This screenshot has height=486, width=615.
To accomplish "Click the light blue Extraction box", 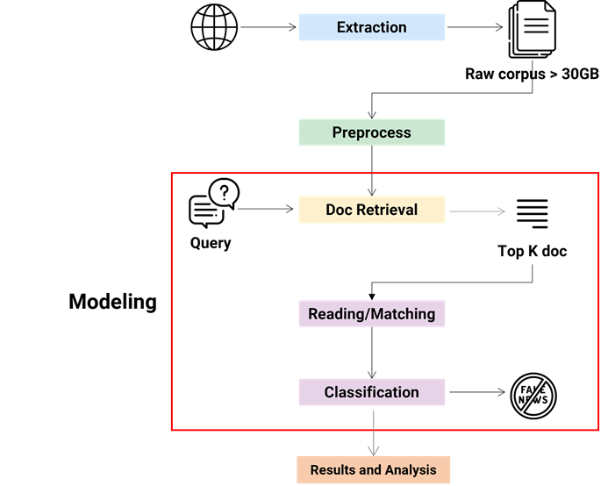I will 371,27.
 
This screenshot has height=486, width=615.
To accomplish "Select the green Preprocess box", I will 371,132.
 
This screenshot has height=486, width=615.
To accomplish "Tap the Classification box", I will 371,392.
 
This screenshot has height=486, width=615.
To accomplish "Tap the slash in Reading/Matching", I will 369,314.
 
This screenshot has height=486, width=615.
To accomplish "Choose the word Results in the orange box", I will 333,470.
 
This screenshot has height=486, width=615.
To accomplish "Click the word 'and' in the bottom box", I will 371,470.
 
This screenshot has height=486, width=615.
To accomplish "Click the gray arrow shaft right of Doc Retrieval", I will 474,211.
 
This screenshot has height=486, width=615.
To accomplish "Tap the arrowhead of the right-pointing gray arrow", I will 501,211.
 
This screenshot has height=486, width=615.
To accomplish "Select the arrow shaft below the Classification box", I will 373,425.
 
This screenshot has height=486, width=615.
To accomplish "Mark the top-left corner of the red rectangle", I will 171,174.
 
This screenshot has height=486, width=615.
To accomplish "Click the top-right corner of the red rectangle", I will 598,174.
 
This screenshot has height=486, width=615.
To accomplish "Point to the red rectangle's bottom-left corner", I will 171,430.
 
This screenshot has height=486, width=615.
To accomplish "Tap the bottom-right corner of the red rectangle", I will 598,430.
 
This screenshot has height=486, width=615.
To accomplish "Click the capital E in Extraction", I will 341,27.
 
